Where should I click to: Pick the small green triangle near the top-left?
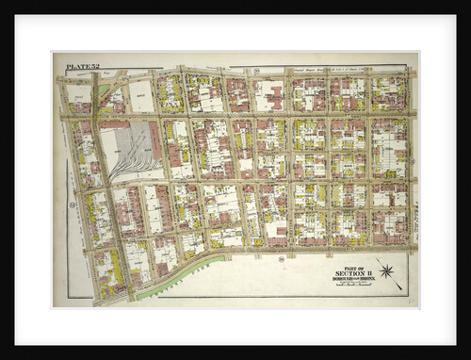coord(103,91)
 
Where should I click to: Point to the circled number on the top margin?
coord(255,71)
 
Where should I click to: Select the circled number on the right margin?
coord(412,160)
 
